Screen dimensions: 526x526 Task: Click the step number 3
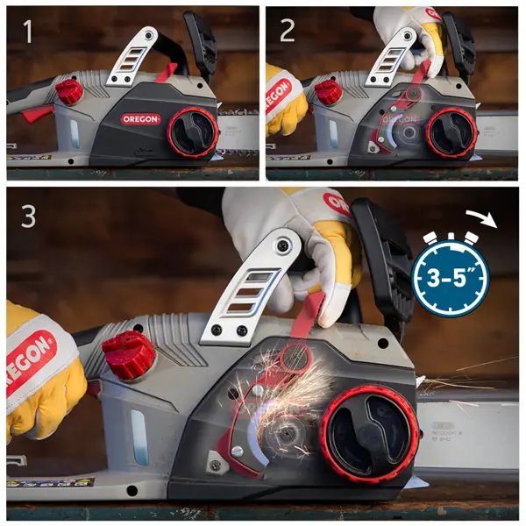tap(28, 216)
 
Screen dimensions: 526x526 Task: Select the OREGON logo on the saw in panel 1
tap(140, 119)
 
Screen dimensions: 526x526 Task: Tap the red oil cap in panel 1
tap(69, 90)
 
